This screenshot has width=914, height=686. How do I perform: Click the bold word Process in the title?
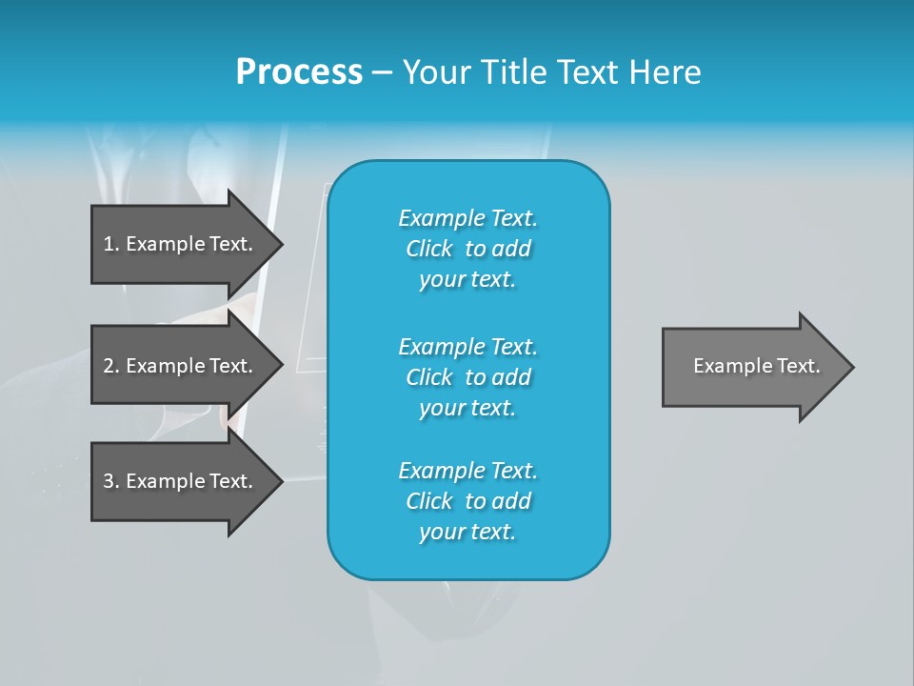[x=299, y=72]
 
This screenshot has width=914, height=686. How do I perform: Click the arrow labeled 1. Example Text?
[x=178, y=244]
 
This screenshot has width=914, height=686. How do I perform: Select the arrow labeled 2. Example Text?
[x=178, y=366]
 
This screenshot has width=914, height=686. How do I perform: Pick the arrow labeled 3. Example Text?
[x=178, y=481]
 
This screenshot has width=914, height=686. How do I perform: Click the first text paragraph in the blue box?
[x=467, y=249]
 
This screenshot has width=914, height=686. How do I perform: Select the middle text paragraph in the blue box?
[x=467, y=377]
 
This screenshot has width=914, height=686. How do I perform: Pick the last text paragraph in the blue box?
[x=467, y=501]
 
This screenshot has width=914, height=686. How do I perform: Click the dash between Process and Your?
[x=382, y=73]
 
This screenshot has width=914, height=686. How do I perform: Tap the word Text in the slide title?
[x=587, y=72]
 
